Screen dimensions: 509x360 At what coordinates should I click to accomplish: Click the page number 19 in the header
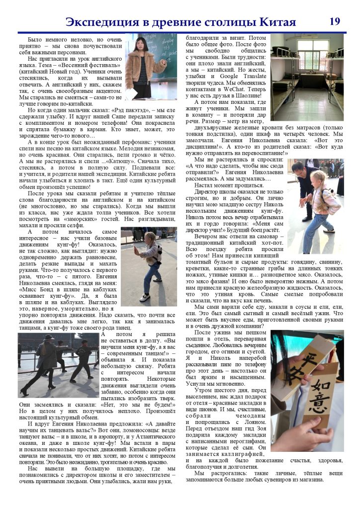point(335,21)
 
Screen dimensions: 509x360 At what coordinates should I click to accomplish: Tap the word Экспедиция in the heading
point(101,22)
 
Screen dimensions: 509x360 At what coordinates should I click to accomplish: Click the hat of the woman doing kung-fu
point(49,337)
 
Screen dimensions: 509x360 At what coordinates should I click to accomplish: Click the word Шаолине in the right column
point(247,95)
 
